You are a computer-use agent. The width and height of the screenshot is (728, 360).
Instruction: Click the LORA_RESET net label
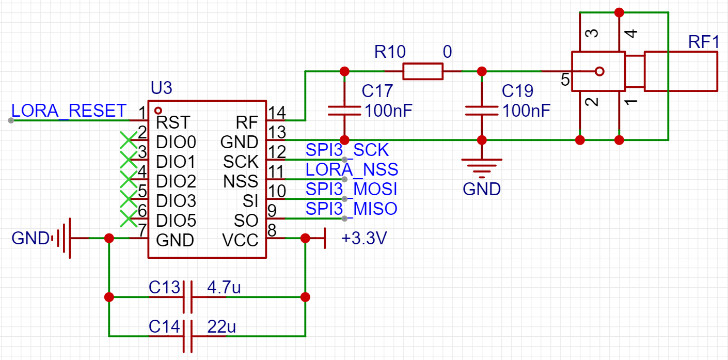pyautogui.click(x=69, y=111)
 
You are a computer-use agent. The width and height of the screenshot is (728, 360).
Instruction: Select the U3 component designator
pyautogui.click(x=161, y=88)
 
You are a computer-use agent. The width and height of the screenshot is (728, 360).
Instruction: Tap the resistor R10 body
pyautogui.click(x=422, y=71)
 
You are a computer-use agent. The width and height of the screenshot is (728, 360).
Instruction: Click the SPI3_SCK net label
pyautogui.click(x=347, y=150)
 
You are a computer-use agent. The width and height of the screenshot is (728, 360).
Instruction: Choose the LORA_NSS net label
pyautogui.click(x=352, y=169)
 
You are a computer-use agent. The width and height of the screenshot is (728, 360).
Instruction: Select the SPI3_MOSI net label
pyautogui.click(x=352, y=189)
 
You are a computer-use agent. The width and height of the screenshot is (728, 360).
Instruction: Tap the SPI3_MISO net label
pyautogui.click(x=352, y=209)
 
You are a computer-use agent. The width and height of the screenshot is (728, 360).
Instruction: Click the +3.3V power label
pyautogui.click(x=364, y=239)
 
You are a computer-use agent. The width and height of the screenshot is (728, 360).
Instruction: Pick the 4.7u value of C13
pyautogui.click(x=224, y=287)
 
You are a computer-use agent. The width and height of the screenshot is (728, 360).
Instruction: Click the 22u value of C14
pyautogui.click(x=221, y=326)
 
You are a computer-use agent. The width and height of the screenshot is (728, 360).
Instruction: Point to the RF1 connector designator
pyautogui.click(x=703, y=42)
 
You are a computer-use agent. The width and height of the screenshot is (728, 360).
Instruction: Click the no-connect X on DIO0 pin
pyautogui.click(x=128, y=139)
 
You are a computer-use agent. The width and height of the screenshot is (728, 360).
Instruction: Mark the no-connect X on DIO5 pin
pyautogui.click(x=128, y=218)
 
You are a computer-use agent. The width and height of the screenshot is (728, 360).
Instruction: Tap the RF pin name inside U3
pyautogui.click(x=247, y=122)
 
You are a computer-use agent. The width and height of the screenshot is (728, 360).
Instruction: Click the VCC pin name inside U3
pyautogui.click(x=240, y=240)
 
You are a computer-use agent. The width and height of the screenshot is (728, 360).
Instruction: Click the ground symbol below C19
pyautogui.click(x=481, y=165)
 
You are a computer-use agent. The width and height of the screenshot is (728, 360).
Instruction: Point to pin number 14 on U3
pyautogui.click(x=277, y=112)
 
